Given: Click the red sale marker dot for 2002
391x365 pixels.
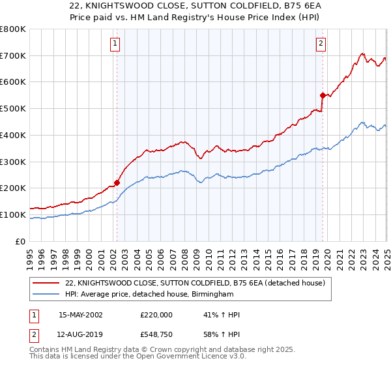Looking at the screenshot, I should click(117, 182).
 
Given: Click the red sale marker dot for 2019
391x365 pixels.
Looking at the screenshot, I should click(323, 95).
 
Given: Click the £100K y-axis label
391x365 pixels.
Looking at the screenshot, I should click(13, 214).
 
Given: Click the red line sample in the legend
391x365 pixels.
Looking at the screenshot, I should click(46, 283).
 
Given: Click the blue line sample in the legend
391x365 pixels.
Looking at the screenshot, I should click(46, 295).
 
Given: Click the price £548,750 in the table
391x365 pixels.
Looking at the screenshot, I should click(156, 335).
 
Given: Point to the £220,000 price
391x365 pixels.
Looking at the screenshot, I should click(156, 315).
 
